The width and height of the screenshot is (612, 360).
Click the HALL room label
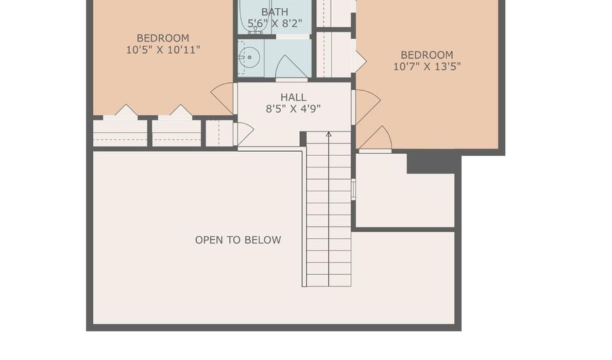point(294,97)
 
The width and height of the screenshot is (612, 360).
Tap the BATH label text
point(275,12)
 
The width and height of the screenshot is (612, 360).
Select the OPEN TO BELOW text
point(238,240)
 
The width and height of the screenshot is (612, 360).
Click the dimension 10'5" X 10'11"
point(163,50)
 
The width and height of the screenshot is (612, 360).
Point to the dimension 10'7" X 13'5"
point(427,67)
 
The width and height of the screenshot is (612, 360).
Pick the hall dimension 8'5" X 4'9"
point(294,109)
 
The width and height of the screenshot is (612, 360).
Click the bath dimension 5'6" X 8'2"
point(275,23)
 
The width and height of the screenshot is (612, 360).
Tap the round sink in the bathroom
point(250,58)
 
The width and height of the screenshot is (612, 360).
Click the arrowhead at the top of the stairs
point(328,134)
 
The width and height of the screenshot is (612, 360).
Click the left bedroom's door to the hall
point(222,99)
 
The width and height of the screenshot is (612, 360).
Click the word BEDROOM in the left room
point(163,38)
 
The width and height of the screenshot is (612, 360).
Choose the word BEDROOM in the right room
point(427,54)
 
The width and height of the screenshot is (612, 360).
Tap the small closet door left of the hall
point(243,133)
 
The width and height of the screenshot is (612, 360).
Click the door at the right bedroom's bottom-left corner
point(375,139)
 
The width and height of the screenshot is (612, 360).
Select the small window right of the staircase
point(353,189)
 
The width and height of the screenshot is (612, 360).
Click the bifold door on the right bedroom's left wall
point(360,61)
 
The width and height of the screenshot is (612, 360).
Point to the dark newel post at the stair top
point(303,139)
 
